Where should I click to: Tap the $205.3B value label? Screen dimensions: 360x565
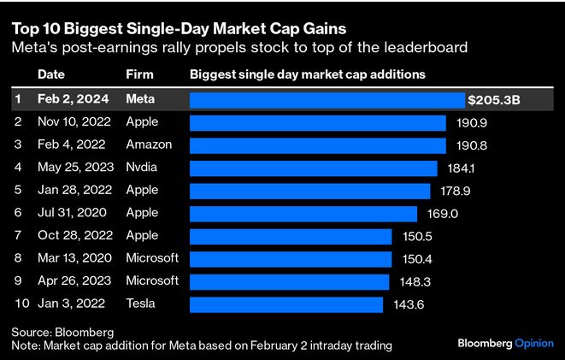(494, 100)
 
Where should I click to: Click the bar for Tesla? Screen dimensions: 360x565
(285, 304)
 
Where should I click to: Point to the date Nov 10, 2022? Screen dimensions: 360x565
(74, 122)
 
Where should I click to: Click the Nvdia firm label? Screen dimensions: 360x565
(144, 168)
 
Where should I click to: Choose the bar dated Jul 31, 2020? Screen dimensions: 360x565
(303, 213)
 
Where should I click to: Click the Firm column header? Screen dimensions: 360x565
(139, 75)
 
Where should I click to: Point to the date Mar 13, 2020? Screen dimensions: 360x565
(74, 258)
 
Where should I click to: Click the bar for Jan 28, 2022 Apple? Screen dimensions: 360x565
(309, 191)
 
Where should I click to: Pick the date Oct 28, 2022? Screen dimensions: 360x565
(74, 236)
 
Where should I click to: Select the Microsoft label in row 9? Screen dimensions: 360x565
(152, 281)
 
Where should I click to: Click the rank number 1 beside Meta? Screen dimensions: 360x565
(18, 100)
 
